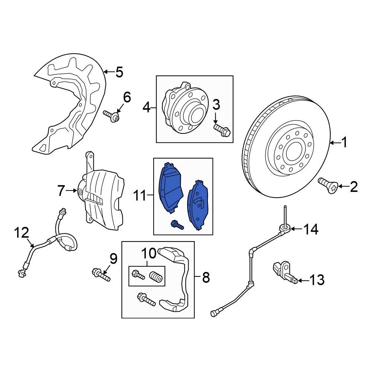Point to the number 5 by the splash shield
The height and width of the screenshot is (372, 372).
tap(119, 72)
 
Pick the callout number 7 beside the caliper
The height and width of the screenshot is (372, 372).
tap(62, 191)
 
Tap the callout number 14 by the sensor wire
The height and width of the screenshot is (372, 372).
tap(311, 230)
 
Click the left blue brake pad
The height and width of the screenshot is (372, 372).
tap(171, 188)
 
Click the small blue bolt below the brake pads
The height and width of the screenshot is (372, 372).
tap(177, 225)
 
